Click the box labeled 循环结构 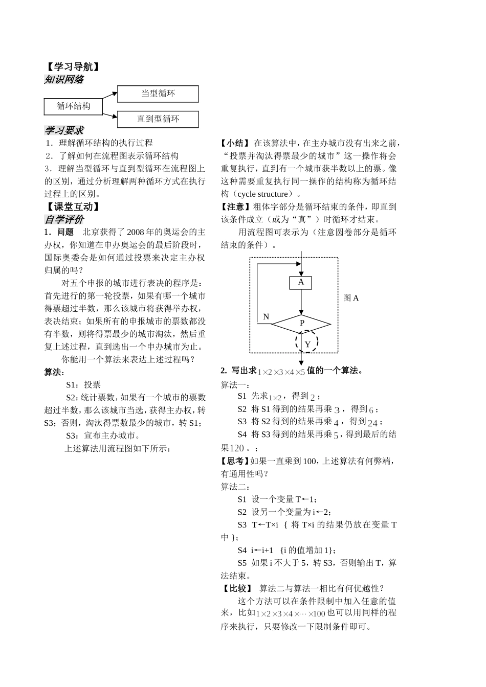(73, 106)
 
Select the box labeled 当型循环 (158, 94)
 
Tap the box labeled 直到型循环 (158, 119)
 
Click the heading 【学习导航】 (71, 67)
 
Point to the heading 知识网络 (64, 80)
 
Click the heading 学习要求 (64, 131)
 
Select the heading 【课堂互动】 (71, 207)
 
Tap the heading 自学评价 (64, 220)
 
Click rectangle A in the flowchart (301, 282)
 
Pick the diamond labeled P (301, 323)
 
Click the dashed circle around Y (307, 343)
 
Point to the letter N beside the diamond (266, 317)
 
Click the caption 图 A (351, 298)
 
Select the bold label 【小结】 (235, 143)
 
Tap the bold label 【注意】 (235, 207)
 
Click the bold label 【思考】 (235, 461)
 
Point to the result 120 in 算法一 (237, 448)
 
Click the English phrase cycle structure (263, 194)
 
